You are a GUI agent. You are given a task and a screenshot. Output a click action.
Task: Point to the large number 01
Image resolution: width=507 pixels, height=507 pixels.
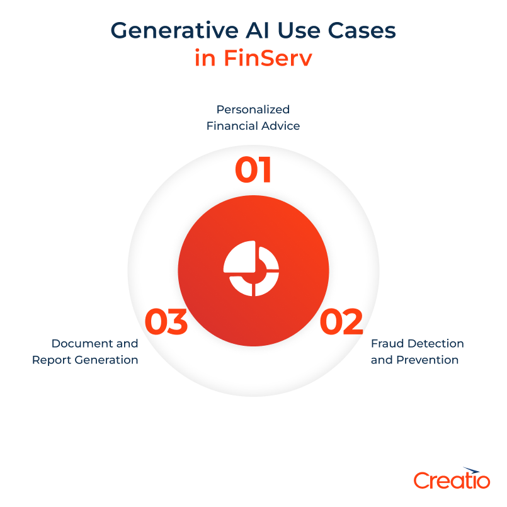(253, 170)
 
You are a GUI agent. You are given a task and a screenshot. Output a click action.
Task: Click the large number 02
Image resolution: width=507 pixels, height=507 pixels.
(341, 322)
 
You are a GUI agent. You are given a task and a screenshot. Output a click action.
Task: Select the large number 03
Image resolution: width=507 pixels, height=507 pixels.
(166, 322)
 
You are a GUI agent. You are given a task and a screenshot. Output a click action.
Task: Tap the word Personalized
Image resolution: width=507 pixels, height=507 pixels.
(253, 110)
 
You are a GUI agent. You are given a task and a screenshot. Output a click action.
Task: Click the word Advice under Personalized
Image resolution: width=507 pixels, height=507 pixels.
(282, 126)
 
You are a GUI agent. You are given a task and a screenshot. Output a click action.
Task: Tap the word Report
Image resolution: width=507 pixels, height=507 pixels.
(51, 360)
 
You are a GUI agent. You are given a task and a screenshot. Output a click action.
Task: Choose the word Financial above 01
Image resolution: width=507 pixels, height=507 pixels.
(231, 126)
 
